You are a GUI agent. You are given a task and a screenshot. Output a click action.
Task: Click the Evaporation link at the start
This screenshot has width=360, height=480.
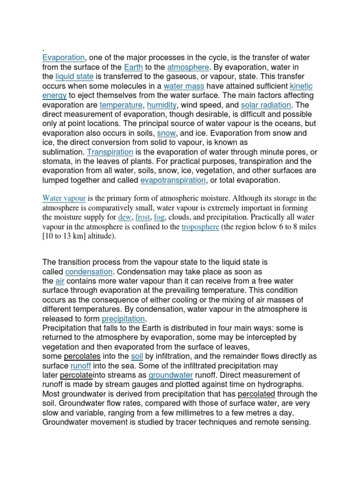pos(63,58)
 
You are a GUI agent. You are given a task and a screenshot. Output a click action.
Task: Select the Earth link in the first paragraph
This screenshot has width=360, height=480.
pos(134,67)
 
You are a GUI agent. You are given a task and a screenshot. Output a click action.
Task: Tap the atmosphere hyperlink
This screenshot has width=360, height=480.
pos(187,67)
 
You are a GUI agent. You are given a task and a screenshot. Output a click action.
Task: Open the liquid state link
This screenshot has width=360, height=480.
pos(75,76)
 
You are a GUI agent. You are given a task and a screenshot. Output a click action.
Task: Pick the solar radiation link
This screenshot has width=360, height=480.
pos(266,105)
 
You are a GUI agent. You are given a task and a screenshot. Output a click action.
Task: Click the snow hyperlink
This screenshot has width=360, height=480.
pos(166,134)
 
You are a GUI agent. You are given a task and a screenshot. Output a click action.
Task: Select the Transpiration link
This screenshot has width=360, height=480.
pos(110,152)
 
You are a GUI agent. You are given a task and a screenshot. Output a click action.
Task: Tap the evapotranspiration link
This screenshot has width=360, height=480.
pos(173,180)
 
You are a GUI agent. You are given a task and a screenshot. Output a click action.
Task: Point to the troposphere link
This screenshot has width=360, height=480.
pos(200,227)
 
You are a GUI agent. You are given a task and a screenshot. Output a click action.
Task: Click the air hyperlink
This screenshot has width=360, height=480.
pos(60,281)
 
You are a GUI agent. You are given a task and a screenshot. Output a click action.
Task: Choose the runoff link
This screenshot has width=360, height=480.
pos(81,366)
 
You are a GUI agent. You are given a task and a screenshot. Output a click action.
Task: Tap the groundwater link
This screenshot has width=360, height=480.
pos(171,375)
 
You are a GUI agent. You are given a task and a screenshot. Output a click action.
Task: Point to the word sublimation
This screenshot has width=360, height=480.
pos(63,152)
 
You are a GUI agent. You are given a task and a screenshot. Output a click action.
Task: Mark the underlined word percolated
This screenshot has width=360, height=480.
pos(256,394)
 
